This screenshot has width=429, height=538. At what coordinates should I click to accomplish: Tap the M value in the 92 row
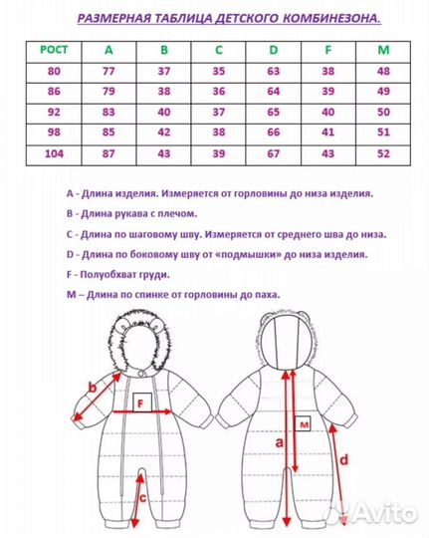click(x=380, y=112)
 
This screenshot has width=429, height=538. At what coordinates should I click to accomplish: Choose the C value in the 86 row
click(x=218, y=91)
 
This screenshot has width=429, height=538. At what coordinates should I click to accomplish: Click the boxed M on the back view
click(x=305, y=423)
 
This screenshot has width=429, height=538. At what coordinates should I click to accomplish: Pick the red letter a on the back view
click(x=281, y=439)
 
